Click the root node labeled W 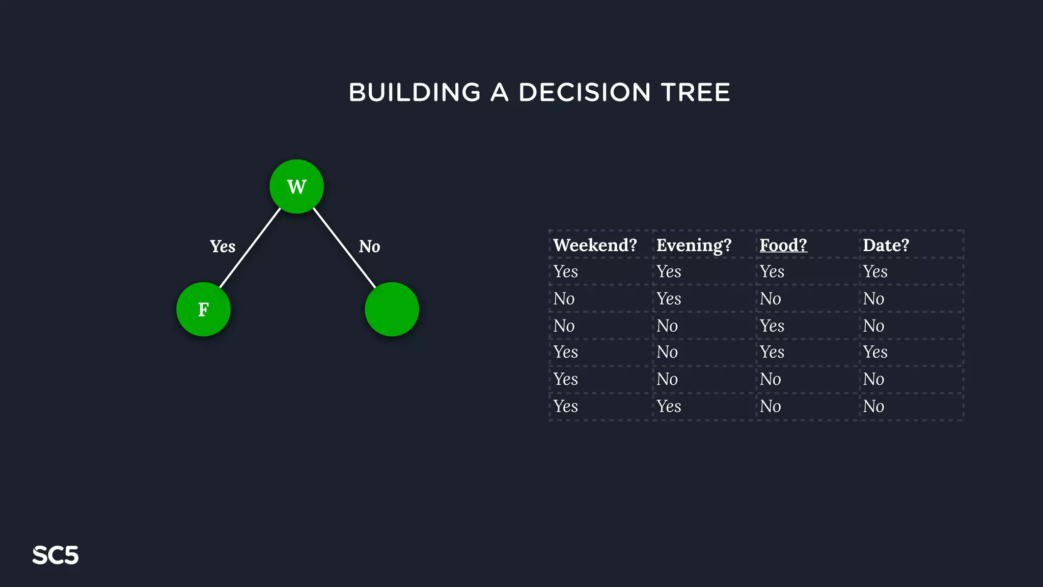pyautogui.click(x=296, y=186)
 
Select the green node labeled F pyautogui.click(x=203, y=309)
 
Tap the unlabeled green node pyautogui.click(x=392, y=309)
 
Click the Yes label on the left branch pyautogui.click(x=223, y=247)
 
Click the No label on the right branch pyautogui.click(x=369, y=247)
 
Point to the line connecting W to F pyautogui.click(x=250, y=248)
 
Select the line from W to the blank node pyautogui.click(x=344, y=248)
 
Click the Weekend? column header pyautogui.click(x=595, y=245)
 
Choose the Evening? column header pyautogui.click(x=694, y=245)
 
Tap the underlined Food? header pyautogui.click(x=783, y=245)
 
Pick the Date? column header pyautogui.click(x=886, y=245)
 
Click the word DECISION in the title pyautogui.click(x=584, y=93)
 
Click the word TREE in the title pyautogui.click(x=695, y=93)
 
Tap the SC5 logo pyautogui.click(x=56, y=555)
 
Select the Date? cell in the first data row pyautogui.click(x=875, y=272)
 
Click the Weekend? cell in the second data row pyautogui.click(x=564, y=299)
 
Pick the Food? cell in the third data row pyautogui.click(x=772, y=326)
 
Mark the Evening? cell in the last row pyautogui.click(x=669, y=406)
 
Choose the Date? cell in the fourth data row pyautogui.click(x=875, y=352)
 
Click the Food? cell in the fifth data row pyautogui.click(x=771, y=379)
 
